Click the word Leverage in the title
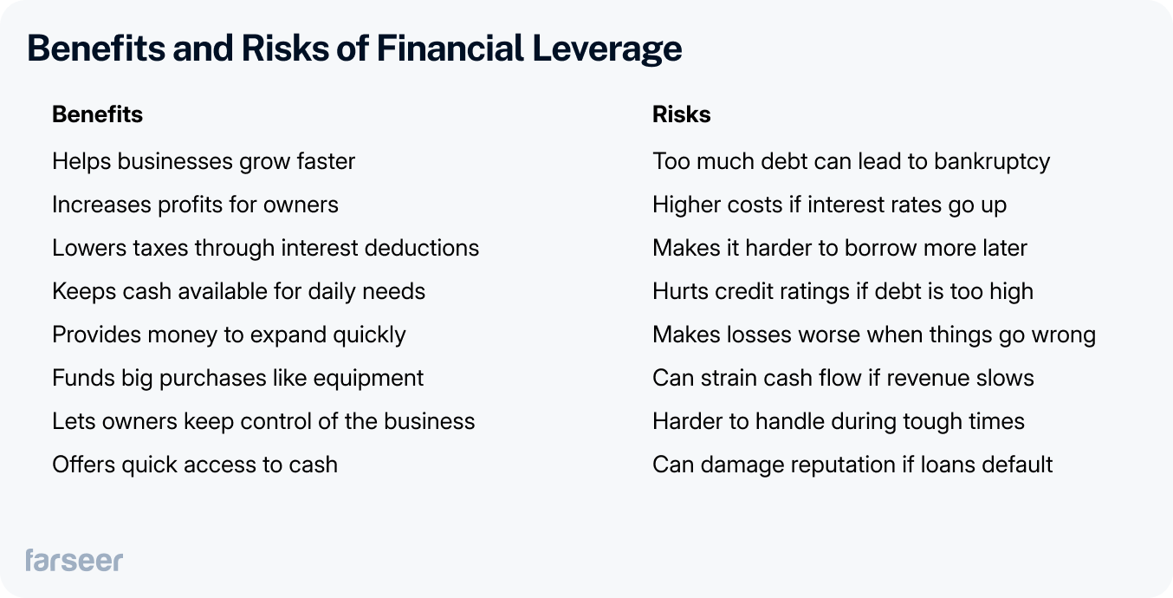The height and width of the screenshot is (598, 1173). coord(606,49)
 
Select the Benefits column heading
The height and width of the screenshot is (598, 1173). coord(97,114)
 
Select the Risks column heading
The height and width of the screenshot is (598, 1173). coord(681,114)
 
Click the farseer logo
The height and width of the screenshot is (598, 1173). coord(74,560)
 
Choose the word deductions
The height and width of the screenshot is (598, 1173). coord(418,248)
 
